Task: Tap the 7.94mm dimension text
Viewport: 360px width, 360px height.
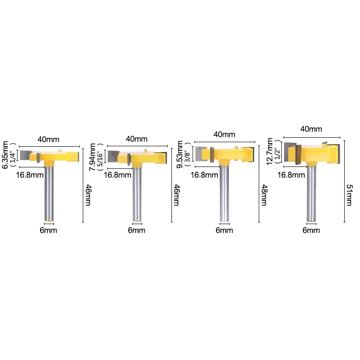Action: point(92,157)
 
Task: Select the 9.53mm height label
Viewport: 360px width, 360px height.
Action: point(180,154)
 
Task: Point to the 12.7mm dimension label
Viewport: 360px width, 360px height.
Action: point(270,152)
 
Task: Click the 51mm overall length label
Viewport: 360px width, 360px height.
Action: point(349,195)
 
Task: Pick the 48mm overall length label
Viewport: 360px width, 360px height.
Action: point(264,195)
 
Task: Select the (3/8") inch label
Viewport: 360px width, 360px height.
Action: point(188,155)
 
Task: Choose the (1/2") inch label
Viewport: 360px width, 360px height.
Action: point(277,152)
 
